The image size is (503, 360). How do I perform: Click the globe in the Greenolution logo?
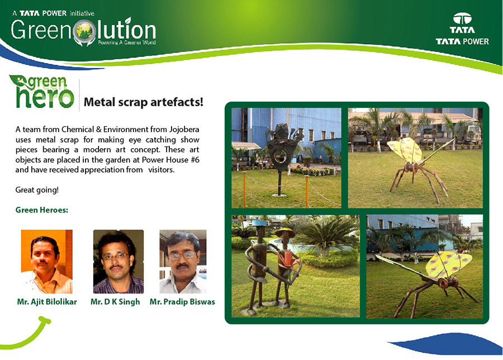click(85, 31)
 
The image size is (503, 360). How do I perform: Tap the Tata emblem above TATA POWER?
click(462, 19)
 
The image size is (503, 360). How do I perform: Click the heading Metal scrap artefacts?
click(144, 102)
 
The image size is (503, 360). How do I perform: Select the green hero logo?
click(42, 92)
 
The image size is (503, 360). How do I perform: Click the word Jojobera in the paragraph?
click(184, 129)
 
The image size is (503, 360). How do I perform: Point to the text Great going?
click(37, 190)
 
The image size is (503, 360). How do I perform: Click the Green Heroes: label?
click(42, 210)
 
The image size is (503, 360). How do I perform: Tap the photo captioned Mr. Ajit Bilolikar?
click(47, 262)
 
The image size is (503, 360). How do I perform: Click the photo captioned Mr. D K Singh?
click(118, 262)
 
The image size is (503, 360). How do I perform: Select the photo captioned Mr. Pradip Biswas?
click(183, 262)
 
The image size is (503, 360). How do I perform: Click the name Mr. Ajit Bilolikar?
click(47, 302)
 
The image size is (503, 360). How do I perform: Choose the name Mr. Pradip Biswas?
click(182, 302)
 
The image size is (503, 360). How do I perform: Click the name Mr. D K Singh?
click(115, 302)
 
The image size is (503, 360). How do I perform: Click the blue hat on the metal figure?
click(259, 223)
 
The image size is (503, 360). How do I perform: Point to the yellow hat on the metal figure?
click(285, 233)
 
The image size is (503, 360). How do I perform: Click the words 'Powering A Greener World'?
click(127, 42)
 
